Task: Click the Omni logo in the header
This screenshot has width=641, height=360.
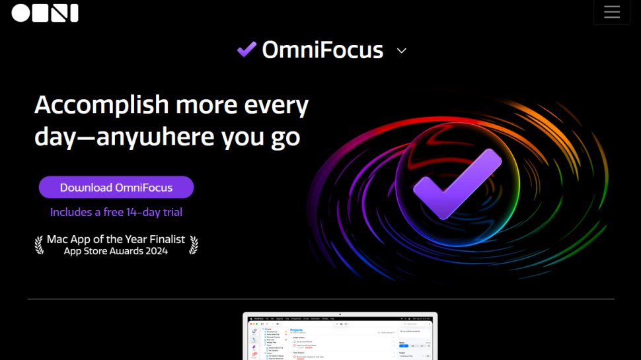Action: tap(45, 13)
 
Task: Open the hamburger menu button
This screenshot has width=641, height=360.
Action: tap(611, 12)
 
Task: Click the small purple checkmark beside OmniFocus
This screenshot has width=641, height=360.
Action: tap(246, 50)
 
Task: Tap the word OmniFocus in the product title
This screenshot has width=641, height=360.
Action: tap(322, 50)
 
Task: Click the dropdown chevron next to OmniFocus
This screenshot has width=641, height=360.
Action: tap(401, 50)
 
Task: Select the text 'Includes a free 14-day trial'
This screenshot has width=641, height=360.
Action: tap(116, 212)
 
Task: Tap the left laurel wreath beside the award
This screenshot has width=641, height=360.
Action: tap(38, 245)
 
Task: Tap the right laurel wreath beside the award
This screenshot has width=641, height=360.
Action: tap(193, 245)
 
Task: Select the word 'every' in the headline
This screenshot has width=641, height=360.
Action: tap(277, 106)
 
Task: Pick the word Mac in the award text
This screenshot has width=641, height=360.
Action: tap(57, 239)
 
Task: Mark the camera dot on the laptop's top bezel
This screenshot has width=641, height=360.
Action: tap(340, 314)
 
